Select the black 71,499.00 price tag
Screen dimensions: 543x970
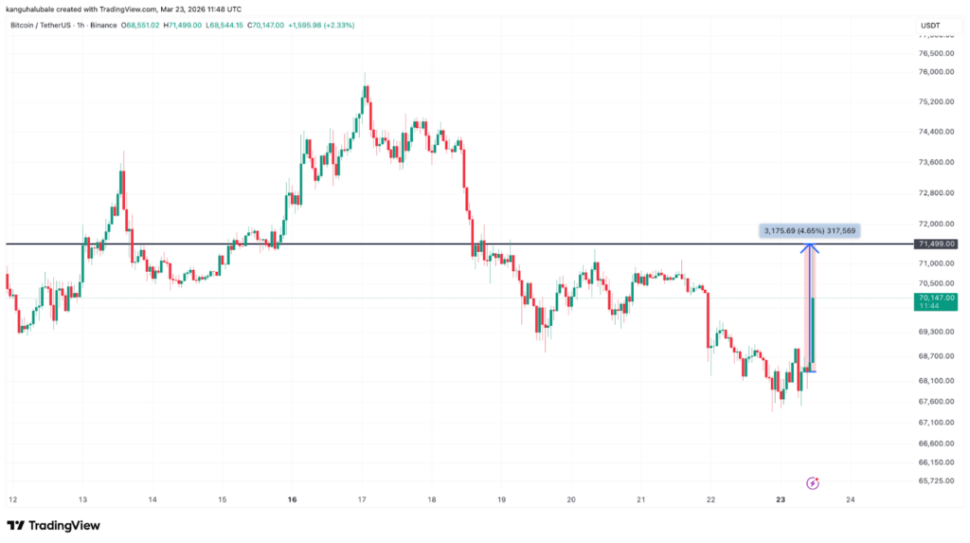point(935,244)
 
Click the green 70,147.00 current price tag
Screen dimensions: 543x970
point(935,301)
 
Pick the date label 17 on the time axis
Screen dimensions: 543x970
point(363,499)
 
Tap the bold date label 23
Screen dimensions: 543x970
point(781,499)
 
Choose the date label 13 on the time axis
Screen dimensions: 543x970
point(82,499)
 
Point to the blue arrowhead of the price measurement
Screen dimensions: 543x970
point(810,248)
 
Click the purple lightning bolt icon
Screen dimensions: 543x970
point(812,481)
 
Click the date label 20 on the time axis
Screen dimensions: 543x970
point(571,499)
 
